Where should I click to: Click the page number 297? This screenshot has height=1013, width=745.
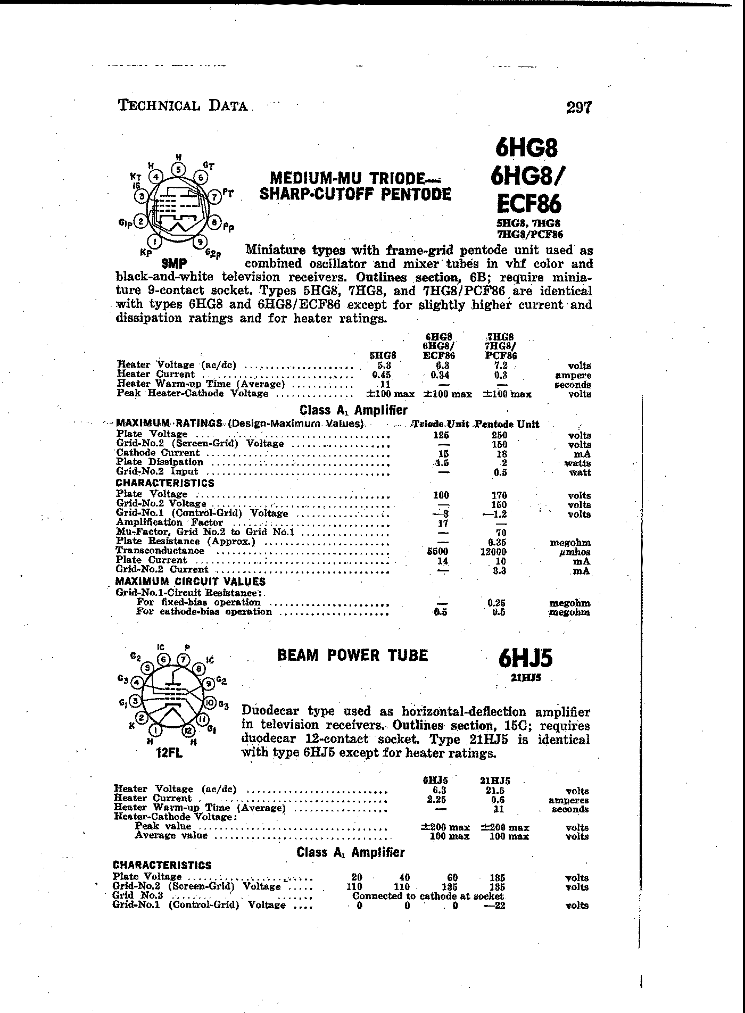tap(578, 108)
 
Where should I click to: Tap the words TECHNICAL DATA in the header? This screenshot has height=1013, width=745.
tap(183, 105)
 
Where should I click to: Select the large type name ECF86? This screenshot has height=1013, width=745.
tap(529, 204)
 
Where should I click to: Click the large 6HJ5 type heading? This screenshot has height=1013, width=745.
tap(526, 659)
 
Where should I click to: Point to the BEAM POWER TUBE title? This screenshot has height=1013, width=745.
tap(352, 655)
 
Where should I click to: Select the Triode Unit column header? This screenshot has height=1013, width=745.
tap(440, 424)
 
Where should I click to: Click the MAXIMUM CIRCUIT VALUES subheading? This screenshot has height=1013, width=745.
tap(191, 582)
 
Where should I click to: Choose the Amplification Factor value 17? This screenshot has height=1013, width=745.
tap(441, 523)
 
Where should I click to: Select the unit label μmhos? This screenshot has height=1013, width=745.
tap(576, 552)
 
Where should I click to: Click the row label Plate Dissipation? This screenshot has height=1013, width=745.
tap(160, 462)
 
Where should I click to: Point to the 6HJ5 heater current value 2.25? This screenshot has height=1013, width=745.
tap(436, 800)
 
